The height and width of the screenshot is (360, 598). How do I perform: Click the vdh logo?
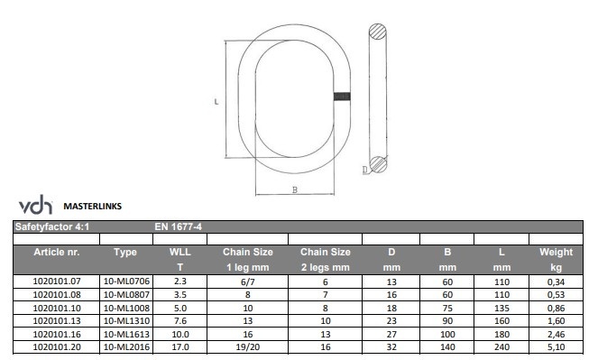35,205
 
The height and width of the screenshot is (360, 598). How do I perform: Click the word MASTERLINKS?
93,207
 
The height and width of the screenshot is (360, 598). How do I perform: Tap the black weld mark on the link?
342,97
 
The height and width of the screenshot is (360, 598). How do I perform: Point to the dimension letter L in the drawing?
216,102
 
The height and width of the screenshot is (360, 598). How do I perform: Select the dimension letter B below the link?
295,189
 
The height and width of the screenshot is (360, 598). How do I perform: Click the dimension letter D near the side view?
365,170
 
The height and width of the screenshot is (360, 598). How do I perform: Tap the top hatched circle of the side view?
378,32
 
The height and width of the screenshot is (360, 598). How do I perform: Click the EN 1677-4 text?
178,226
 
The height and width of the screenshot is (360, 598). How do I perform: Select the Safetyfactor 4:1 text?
52,226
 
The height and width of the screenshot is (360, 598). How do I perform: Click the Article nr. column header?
57,252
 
